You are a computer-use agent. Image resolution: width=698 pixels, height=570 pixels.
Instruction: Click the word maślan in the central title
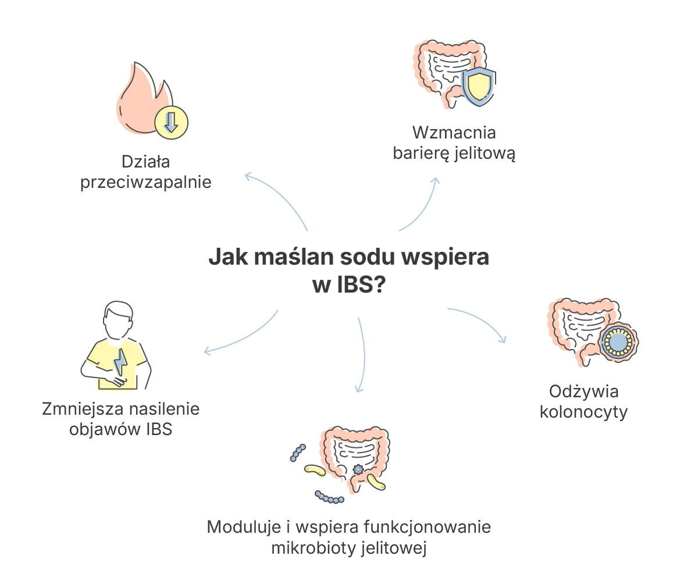tap(294, 257)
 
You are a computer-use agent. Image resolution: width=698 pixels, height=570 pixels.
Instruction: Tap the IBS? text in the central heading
tap(361, 284)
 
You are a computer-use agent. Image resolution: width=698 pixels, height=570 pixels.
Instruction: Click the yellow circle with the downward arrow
tap(171, 123)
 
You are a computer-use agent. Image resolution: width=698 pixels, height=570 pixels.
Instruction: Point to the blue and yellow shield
tap(479, 87)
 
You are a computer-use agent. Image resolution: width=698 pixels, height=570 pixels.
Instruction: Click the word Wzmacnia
tap(454, 133)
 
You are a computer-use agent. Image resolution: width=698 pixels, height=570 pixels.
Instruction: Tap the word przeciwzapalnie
tap(146, 183)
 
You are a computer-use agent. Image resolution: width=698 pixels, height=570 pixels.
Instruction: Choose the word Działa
tap(146, 162)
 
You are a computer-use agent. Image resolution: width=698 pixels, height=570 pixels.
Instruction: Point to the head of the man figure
tap(118, 320)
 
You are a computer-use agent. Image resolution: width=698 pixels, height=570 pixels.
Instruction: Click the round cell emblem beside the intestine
tap(618, 341)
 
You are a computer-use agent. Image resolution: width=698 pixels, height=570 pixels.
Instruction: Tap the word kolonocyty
tap(583, 412)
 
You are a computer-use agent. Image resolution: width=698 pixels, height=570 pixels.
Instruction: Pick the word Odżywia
tap(584, 391)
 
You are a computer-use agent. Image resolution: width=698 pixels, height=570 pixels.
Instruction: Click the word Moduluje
tap(244, 526)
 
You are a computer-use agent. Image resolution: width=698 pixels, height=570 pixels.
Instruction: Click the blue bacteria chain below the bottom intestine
tap(329, 497)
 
